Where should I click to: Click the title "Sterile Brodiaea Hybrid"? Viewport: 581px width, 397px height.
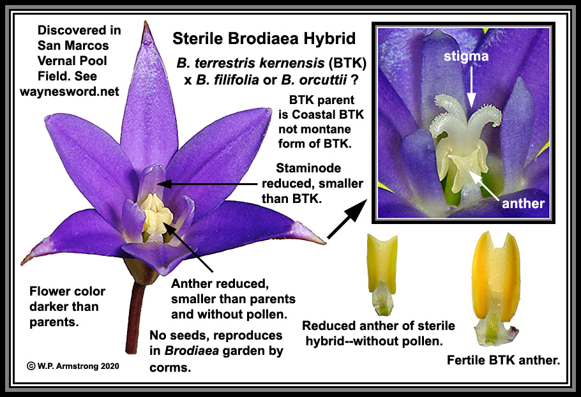pos(264,38)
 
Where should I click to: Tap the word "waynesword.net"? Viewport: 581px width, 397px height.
pos(70,91)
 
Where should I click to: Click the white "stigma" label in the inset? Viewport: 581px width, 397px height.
pos(466,56)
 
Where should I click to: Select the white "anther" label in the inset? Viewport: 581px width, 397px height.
pos(523,203)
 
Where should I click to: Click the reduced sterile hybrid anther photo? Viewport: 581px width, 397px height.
pos(382,274)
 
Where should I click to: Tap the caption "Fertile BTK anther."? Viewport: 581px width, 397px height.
pos(503,360)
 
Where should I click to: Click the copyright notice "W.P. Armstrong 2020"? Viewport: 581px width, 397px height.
pos(73,366)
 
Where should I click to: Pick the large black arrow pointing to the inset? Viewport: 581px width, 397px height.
pos(347,219)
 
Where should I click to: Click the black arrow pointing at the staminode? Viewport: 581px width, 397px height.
pos(208,183)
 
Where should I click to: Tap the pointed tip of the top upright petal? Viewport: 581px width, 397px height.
pos(146,22)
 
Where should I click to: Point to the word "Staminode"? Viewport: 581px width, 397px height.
pos(308,168)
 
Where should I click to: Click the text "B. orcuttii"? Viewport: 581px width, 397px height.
pos(314,80)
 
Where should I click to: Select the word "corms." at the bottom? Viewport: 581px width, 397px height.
pos(170,368)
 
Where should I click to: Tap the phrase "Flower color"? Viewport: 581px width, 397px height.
pos(67,291)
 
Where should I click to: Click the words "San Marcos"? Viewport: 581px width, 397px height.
pos(73,45)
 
